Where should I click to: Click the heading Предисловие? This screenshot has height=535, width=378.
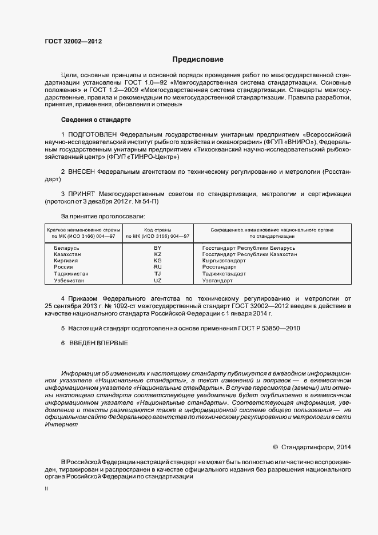pyautogui.click(x=198, y=59)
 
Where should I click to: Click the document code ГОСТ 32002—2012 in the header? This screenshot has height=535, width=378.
pyautogui.click(x=73, y=42)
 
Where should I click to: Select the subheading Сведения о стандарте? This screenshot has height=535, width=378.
pyautogui.click(x=96, y=119)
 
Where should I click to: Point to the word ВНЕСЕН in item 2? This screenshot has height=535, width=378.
pyautogui.click(x=82, y=171)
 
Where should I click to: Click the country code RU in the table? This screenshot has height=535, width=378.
pyautogui.click(x=158, y=267)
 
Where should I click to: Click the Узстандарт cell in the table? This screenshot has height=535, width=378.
pyautogui.click(x=217, y=281)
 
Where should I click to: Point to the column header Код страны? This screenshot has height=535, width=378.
pyautogui.click(x=158, y=229)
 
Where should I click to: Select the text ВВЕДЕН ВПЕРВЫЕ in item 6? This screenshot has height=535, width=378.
pyautogui.click(x=98, y=343)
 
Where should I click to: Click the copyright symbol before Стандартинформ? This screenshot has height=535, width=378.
pyautogui.click(x=275, y=447)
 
